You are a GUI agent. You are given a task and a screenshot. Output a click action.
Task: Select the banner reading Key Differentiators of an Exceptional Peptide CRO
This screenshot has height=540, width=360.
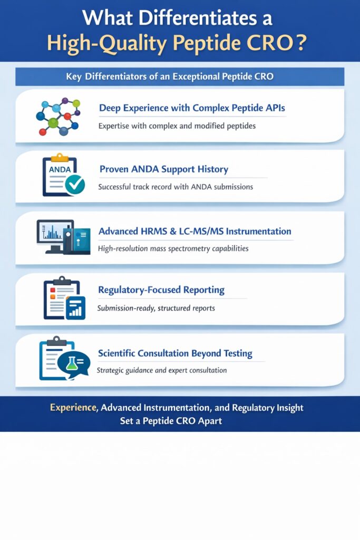180,76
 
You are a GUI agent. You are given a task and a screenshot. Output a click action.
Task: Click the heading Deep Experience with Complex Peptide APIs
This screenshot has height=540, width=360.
192,108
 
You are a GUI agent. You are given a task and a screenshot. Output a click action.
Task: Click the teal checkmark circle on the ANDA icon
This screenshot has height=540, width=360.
75,184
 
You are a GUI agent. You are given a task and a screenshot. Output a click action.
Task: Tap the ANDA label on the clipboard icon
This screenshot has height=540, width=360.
59,169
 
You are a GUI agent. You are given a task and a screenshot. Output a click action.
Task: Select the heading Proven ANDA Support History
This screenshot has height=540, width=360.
163,169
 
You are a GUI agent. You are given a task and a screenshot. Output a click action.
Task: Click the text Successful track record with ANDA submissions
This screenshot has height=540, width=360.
176,187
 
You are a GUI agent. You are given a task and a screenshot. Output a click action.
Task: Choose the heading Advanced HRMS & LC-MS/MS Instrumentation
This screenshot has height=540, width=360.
194,231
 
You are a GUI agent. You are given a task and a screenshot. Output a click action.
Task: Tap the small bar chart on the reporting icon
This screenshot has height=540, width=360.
76,307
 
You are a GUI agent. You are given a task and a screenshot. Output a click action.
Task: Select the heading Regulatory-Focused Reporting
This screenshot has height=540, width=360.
161,290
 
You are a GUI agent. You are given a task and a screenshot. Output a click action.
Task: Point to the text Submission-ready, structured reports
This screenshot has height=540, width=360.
156,308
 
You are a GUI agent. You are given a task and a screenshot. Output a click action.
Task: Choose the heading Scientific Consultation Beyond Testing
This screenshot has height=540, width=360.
175,353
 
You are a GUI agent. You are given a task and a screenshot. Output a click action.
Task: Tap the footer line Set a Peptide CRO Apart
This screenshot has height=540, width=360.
180,421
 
